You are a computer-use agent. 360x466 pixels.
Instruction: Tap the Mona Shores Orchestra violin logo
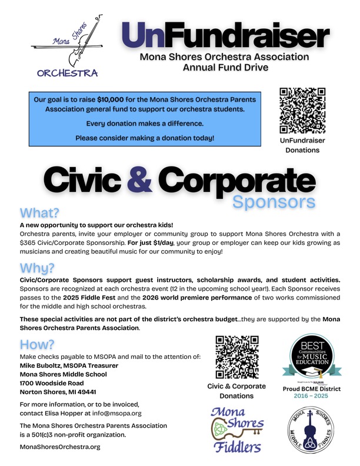click(68, 49)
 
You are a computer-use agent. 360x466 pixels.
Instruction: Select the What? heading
click(40, 212)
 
